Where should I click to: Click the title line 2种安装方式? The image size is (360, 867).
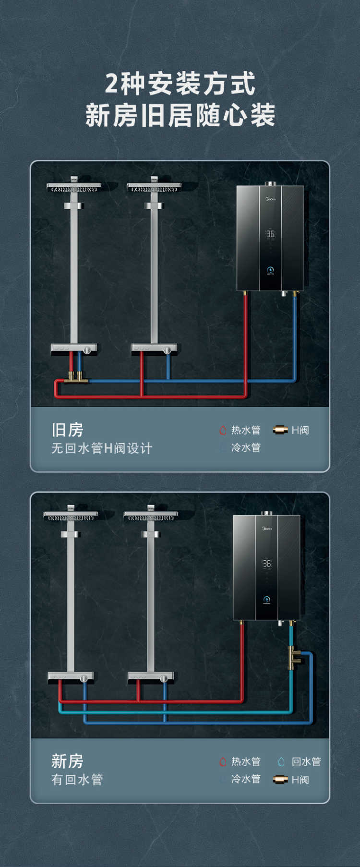pos(180,84)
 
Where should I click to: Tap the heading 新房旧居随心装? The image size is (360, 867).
pos(180,115)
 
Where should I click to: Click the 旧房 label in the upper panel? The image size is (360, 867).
pos(67,430)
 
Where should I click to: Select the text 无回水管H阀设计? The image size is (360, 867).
pos(102,448)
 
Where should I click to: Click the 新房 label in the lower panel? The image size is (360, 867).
pos(67,761)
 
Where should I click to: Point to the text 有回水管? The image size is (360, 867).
pos(77,780)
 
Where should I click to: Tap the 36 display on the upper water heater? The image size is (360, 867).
pos(271,234)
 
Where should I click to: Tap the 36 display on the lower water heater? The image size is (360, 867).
pos(267,564)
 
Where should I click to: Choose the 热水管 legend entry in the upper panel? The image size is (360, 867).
pos(240,430)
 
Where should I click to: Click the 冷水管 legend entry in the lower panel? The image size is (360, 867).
pos(240,779)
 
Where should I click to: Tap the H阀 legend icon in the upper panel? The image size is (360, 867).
pos(280,430)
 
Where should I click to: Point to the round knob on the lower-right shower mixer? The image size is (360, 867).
pos(164,678)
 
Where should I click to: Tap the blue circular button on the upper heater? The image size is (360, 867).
pos(270,270)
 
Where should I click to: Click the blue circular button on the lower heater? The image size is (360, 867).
pos(267,599)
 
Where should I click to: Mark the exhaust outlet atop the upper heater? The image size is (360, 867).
pos(270,183)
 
